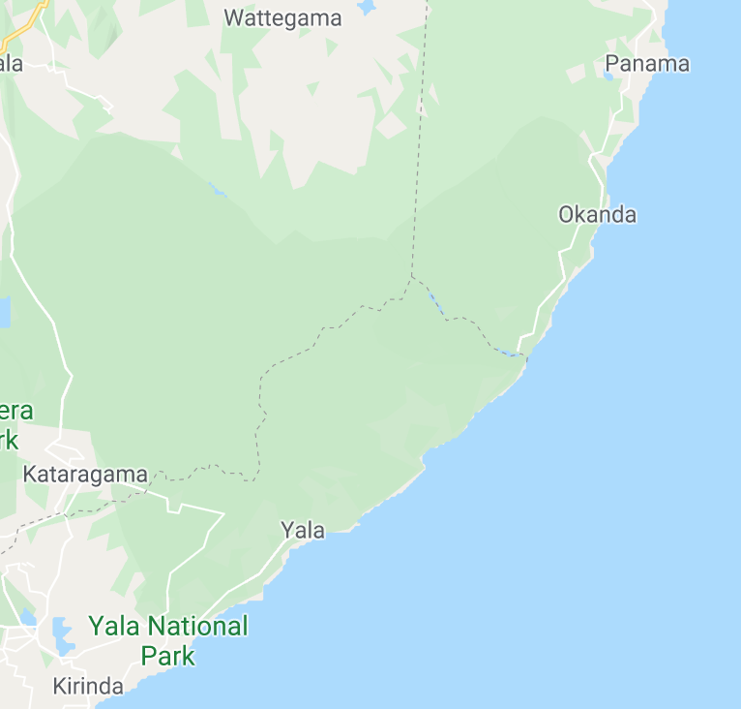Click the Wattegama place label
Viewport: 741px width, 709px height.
(282, 17)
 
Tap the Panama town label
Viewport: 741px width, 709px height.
(647, 64)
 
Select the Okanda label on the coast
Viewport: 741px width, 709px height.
(597, 214)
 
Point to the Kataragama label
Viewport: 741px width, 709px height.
(85, 475)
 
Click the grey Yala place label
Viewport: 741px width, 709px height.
(302, 530)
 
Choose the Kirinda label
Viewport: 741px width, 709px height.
(88, 687)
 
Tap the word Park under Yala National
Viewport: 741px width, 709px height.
(168, 656)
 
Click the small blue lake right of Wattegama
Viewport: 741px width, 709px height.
(366, 8)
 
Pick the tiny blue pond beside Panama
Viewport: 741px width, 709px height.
(608, 77)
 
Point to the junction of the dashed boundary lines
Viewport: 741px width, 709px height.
(411, 277)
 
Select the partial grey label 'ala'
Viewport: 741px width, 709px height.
(11, 64)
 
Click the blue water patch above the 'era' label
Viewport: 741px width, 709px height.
(4, 312)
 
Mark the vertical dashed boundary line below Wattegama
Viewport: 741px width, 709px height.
(419, 145)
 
